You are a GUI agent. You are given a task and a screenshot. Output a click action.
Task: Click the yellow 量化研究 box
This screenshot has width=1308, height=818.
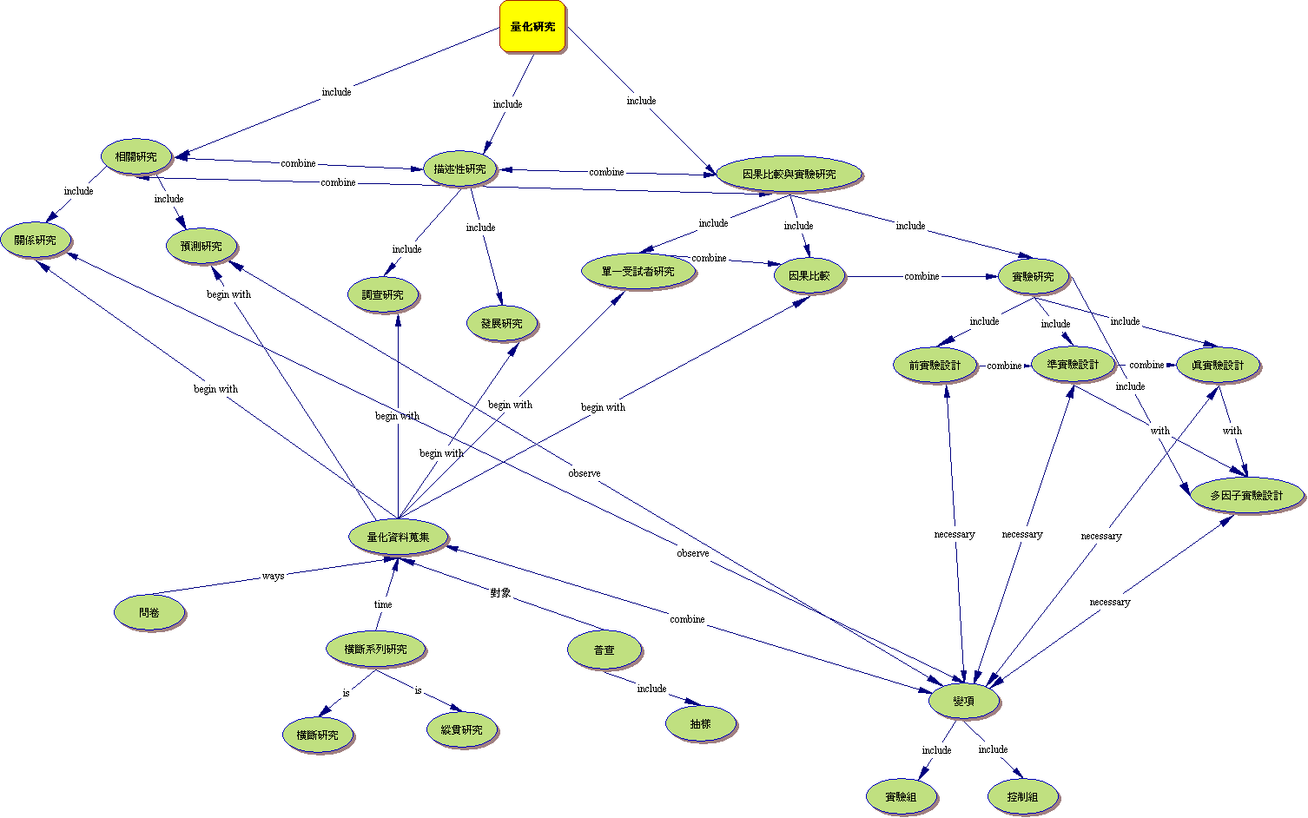532,27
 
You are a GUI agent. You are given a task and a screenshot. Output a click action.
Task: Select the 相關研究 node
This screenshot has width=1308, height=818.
136,157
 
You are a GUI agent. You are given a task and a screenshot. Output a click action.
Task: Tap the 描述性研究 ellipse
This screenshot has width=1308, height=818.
459,169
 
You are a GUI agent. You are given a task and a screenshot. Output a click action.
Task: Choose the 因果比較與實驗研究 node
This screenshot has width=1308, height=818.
789,175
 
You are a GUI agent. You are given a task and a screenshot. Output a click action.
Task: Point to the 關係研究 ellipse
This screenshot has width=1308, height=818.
35,241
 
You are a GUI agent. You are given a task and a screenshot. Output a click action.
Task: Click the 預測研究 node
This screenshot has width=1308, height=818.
201,247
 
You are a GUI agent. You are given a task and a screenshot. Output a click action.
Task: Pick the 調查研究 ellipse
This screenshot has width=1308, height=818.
383,295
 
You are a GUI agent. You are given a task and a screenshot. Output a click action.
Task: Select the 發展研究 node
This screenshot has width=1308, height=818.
502,324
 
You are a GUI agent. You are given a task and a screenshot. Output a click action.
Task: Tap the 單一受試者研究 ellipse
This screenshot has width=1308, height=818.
638,272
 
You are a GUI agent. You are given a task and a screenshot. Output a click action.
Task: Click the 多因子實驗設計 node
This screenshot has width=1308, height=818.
1246,496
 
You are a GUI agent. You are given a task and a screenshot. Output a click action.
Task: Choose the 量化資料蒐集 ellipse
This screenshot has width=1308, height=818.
398,538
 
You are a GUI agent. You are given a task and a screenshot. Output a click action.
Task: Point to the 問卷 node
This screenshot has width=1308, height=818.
149,613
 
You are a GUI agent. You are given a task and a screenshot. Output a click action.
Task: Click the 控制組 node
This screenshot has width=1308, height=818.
1023,797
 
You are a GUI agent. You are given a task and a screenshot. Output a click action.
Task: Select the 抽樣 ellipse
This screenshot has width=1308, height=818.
700,723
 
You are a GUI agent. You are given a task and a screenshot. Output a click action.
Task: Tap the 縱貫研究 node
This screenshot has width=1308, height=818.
461,730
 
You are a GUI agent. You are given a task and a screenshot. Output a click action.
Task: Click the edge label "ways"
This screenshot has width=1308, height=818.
273,577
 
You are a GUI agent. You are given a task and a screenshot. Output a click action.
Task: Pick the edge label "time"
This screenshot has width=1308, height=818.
383,604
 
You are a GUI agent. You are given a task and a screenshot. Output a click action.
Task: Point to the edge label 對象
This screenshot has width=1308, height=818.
500,593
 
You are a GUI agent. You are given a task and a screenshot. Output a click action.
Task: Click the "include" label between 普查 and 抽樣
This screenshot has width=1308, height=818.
651,689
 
